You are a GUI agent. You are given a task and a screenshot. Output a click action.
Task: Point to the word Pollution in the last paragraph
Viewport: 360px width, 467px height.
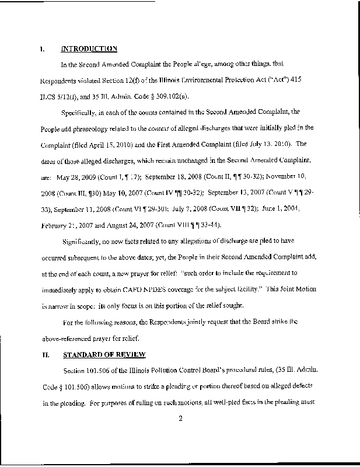tap(152, 372)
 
